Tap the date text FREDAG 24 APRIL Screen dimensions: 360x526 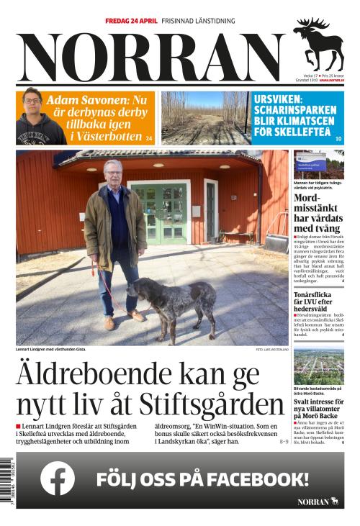click(x=130, y=22)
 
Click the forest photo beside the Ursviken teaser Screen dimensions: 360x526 click(x=204, y=117)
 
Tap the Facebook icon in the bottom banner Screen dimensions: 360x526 click(x=58, y=479)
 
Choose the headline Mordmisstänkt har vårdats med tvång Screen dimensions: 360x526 click(x=318, y=212)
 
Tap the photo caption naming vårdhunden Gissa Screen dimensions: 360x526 click(x=50, y=350)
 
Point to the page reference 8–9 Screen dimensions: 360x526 click(x=283, y=441)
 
